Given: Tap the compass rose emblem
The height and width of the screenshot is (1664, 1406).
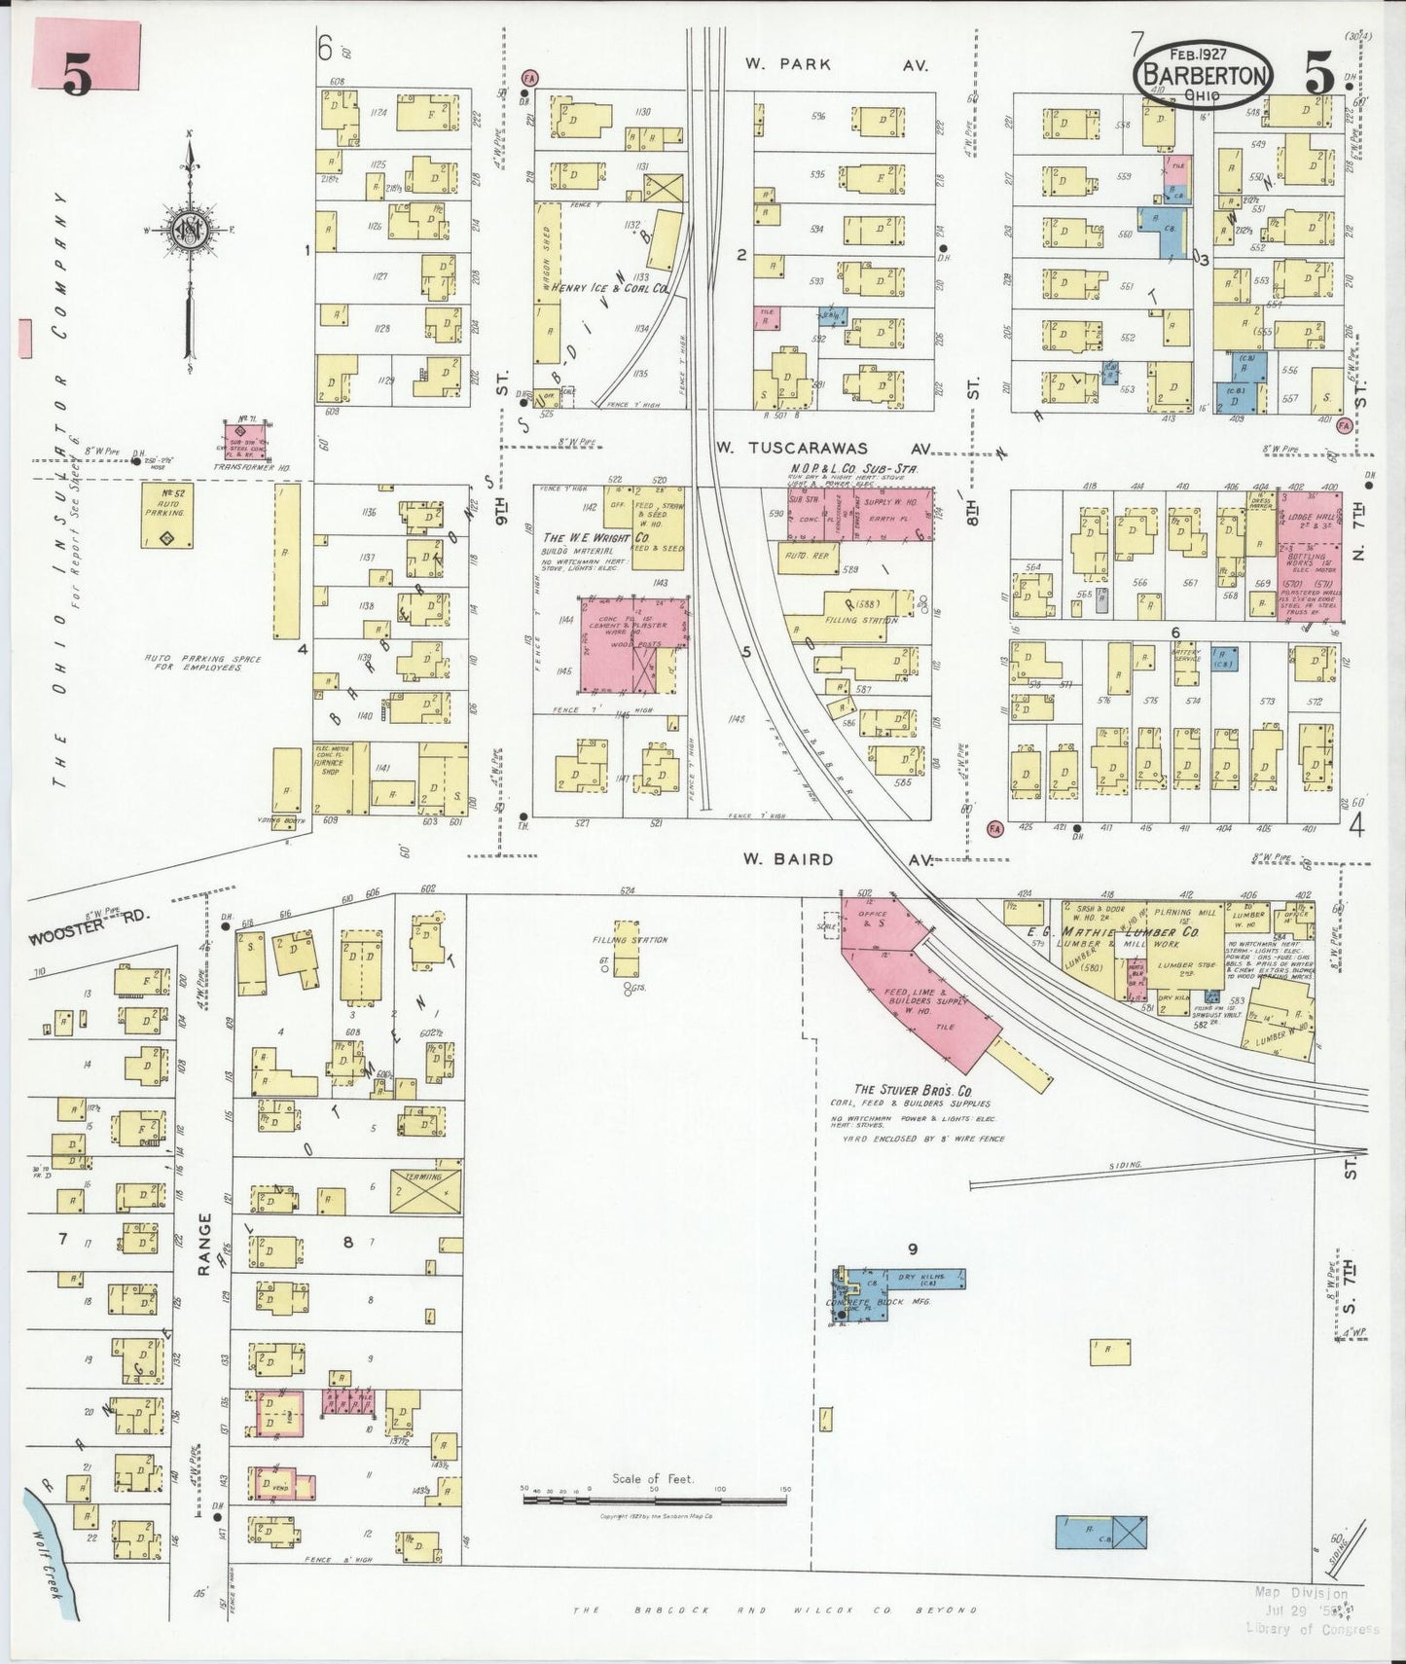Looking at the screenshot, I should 191,231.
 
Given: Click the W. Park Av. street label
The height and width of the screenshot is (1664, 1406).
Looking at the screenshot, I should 836,65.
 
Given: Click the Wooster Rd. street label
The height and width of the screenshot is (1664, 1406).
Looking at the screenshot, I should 77,939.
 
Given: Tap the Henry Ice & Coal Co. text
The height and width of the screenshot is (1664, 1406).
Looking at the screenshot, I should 609,289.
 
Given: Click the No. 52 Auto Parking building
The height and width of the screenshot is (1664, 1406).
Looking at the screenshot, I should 165,517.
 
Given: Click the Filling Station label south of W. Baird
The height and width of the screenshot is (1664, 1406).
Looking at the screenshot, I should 630,940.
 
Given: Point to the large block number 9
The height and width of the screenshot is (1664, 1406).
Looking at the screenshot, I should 912,1248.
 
